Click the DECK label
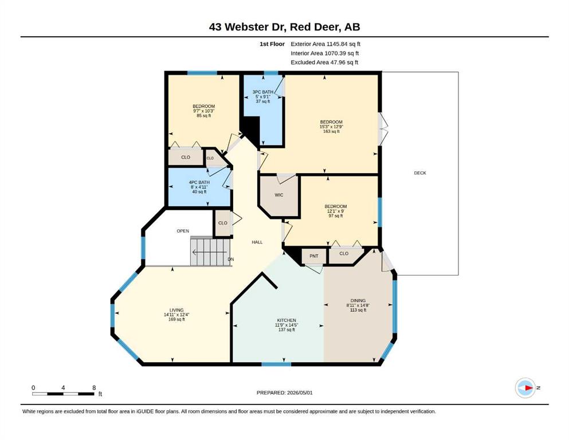click(420, 173)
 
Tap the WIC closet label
click(278, 195)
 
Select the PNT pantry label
click(314, 256)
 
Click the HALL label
click(257, 242)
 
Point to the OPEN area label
click(183, 231)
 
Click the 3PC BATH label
click(263, 92)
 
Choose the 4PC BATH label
click(199, 182)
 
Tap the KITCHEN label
click(287, 320)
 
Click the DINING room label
click(358, 301)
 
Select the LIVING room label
click(176, 310)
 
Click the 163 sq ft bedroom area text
click(331, 132)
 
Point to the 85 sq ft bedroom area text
click(203, 116)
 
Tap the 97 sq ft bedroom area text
click(336, 216)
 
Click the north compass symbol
click(525, 388)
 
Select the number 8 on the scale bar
click(94, 388)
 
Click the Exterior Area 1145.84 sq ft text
click(325, 44)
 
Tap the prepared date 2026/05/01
click(300, 392)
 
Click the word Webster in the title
click(257, 27)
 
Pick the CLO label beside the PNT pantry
click(344, 254)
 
